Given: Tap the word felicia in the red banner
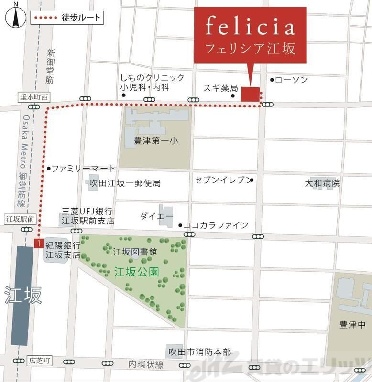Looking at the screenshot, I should click(x=250, y=27).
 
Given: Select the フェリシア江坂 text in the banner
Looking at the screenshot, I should click(x=250, y=49).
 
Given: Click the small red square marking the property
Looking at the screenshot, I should click(x=250, y=94).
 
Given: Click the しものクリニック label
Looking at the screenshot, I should click(x=152, y=78).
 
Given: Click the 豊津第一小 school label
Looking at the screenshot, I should click(x=155, y=141).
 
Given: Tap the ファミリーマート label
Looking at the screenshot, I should click(x=84, y=169).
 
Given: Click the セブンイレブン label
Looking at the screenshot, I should click(x=222, y=180).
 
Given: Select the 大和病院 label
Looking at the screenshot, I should click(x=323, y=183).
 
